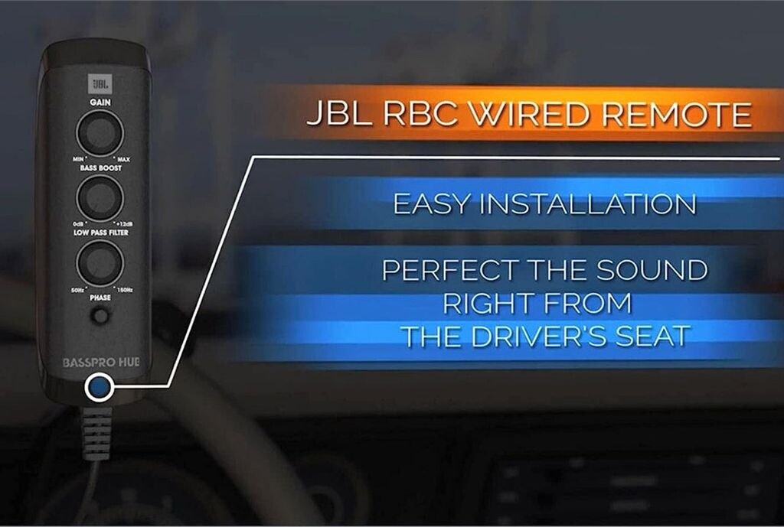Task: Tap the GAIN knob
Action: click(x=100, y=133)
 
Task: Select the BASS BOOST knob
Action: click(x=100, y=198)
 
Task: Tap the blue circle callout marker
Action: click(x=98, y=388)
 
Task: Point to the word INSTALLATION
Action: click(x=589, y=205)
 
